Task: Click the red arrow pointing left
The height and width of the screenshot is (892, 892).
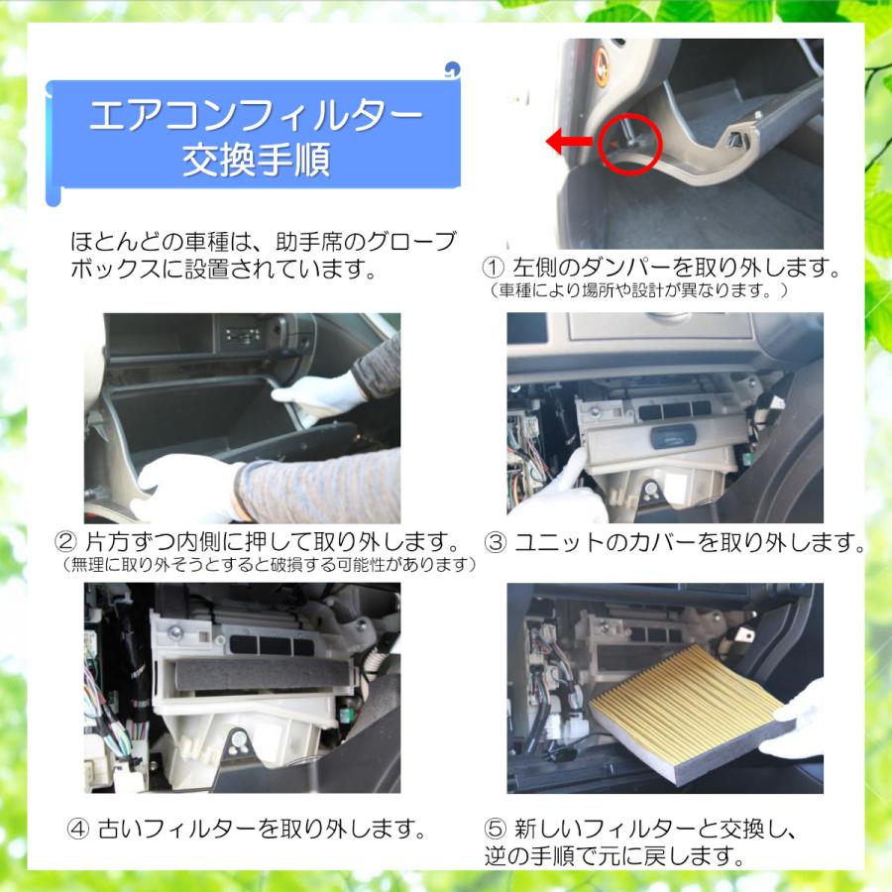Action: point(572,143)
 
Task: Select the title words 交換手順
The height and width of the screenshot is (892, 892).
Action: point(255,161)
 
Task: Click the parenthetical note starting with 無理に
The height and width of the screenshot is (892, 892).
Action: point(268,566)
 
